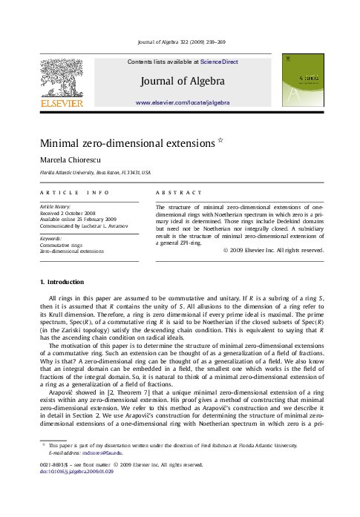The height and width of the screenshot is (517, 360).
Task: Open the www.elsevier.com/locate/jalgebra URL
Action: click(183, 102)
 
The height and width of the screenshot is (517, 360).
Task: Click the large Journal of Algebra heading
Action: click(183, 81)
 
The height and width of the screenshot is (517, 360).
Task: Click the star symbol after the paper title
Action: click(220, 139)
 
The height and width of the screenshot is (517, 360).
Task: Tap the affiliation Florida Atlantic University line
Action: click(94, 172)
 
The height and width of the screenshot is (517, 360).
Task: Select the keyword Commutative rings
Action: click(61, 245)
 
